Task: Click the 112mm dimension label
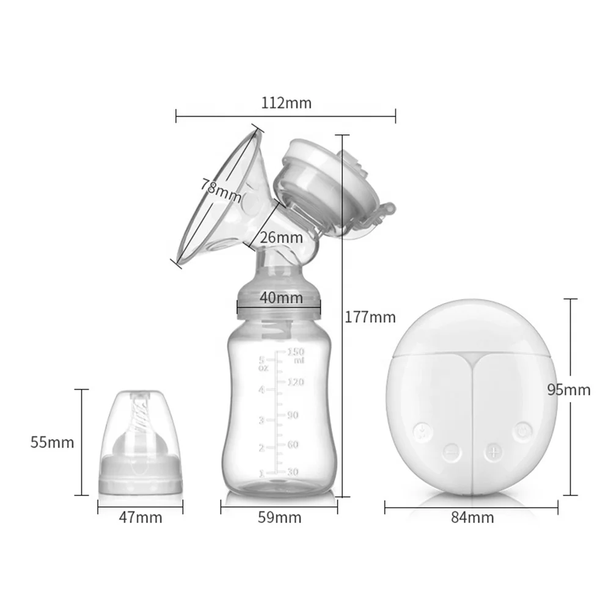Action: (286, 103)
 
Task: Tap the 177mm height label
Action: (370, 317)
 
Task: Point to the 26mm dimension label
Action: (280, 237)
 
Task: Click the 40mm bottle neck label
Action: (280, 298)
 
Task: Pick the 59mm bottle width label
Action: (280, 518)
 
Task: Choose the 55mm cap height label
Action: (53, 442)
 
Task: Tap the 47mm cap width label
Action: (141, 518)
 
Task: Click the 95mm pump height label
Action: (569, 389)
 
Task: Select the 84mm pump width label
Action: (472, 518)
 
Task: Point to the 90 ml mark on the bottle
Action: (293, 415)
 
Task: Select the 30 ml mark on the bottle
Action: (293, 472)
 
